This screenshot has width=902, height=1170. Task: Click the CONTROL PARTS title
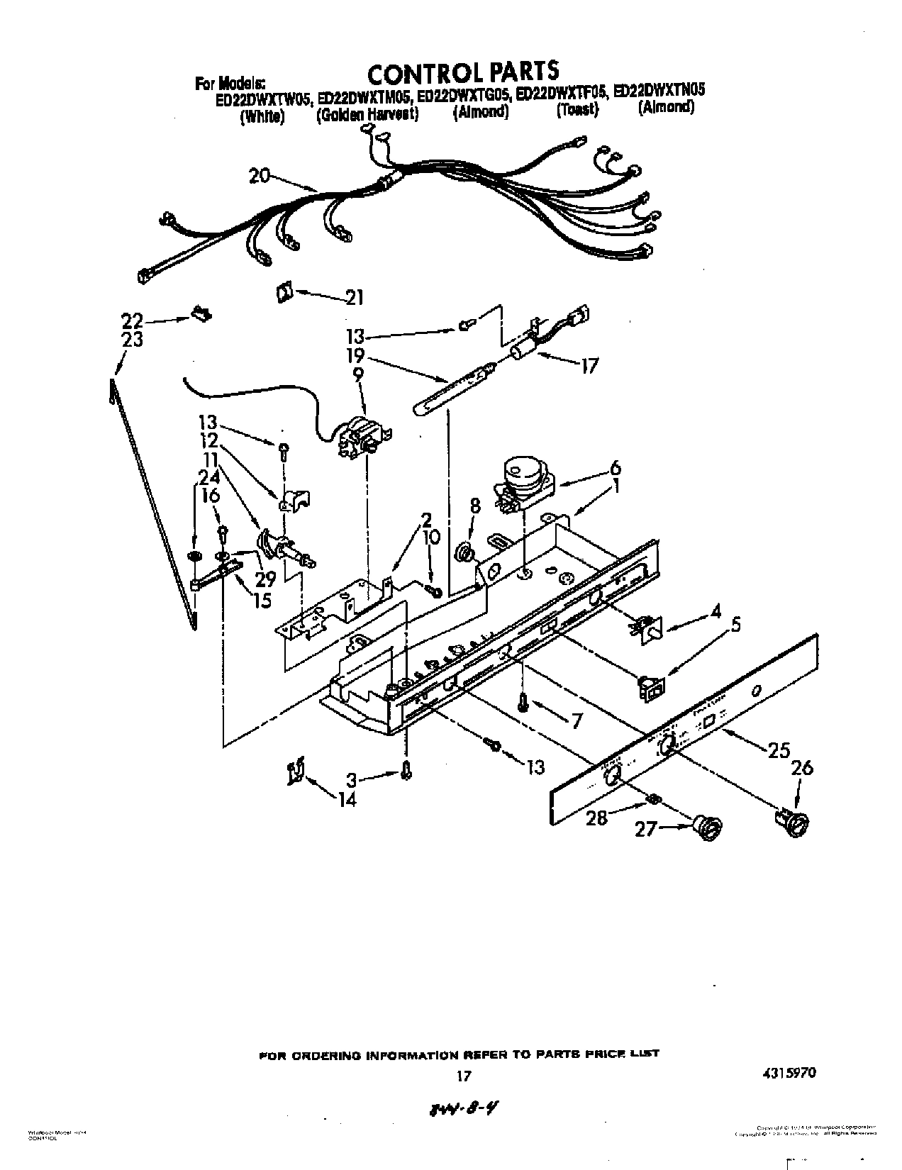tap(463, 72)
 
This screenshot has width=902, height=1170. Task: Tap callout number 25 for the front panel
tap(778, 750)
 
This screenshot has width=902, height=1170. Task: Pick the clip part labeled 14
tap(296, 771)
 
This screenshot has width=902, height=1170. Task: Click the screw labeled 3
tap(406, 770)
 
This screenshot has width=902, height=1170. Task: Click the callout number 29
tap(265, 579)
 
